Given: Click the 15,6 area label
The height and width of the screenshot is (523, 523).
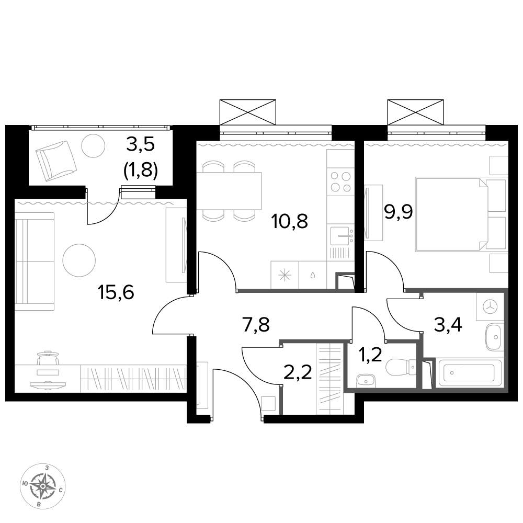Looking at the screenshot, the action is pyautogui.click(x=116, y=292).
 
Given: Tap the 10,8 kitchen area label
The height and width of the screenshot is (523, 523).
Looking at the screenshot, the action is pyautogui.click(x=290, y=221).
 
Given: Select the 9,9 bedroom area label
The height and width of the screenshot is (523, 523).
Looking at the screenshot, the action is pyautogui.click(x=399, y=211).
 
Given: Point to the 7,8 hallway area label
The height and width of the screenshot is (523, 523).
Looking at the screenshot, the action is pyautogui.click(x=256, y=325).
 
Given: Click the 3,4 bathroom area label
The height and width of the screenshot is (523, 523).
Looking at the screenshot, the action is pyautogui.click(x=448, y=325).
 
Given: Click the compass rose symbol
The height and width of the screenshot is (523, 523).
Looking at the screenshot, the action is pyautogui.click(x=43, y=486).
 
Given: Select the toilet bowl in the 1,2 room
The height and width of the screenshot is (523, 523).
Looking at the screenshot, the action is pyautogui.click(x=400, y=367).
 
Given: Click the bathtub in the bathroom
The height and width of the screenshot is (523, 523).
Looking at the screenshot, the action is pyautogui.click(x=470, y=373).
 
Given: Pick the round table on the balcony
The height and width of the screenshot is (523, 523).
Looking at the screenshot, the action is pyautogui.click(x=94, y=146).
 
